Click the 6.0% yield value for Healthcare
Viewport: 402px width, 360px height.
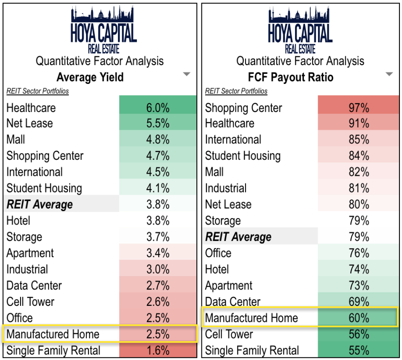(x=158, y=108)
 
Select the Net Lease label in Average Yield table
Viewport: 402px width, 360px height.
(x=30, y=123)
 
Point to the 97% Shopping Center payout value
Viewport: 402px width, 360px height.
(x=359, y=108)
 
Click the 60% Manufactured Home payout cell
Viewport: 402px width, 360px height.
(x=359, y=318)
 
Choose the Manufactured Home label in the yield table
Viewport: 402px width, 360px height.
(x=53, y=334)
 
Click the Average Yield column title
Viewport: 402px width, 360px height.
(x=90, y=77)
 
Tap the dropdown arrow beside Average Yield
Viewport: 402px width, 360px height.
(x=187, y=75)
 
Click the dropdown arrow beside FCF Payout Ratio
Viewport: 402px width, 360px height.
(x=389, y=75)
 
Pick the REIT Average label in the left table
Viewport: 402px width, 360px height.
(x=40, y=205)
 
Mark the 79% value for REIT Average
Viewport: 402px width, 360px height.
(x=359, y=237)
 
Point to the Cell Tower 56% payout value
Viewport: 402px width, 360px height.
(x=359, y=334)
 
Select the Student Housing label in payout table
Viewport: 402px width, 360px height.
(x=243, y=156)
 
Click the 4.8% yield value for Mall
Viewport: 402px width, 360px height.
(x=158, y=140)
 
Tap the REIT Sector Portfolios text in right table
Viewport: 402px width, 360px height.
(x=236, y=91)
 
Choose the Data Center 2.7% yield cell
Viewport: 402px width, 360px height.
(x=158, y=286)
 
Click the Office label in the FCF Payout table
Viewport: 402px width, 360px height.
(x=218, y=253)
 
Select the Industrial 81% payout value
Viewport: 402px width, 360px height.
(x=359, y=188)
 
